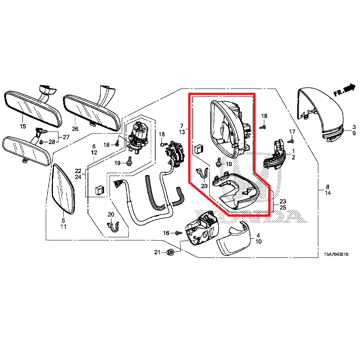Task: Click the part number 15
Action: point(22,127)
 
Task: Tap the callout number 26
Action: point(75,129)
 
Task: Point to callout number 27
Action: point(66,137)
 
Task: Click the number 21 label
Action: point(157,252)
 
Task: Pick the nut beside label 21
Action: point(171,252)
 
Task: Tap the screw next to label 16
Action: point(179,233)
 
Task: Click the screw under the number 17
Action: point(290,140)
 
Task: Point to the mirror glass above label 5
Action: point(63,190)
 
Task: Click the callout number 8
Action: point(327,187)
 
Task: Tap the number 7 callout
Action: point(181,125)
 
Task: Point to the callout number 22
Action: point(78,171)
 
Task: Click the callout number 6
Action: point(93,147)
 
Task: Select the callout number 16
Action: point(166,233)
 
